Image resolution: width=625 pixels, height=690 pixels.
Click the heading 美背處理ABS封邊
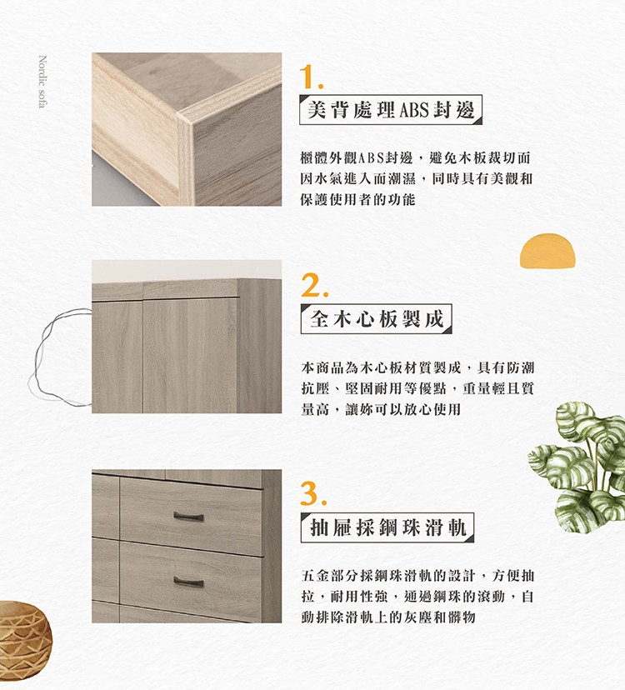click(390, 109)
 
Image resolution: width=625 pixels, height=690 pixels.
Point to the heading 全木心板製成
click(377, 318)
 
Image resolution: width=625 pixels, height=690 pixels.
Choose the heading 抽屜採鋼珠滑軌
click(387, 527)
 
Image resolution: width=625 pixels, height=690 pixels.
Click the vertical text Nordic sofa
click(42, 82)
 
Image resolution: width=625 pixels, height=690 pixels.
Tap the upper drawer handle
click(188, 517)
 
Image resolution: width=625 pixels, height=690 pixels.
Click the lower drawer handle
click(188, 582)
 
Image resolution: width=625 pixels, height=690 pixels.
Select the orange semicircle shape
click(547, 251)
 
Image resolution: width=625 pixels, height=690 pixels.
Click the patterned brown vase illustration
click(24, 641)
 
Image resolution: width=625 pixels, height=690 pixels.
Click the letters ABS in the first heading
click(413, 110)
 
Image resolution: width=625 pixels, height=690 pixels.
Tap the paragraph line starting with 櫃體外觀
click(416, 157)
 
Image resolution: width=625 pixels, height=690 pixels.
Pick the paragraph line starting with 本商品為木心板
click(417, 367)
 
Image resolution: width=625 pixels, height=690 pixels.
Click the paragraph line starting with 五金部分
click(417, 575)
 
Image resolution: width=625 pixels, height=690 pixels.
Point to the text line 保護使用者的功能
click(357, 200)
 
